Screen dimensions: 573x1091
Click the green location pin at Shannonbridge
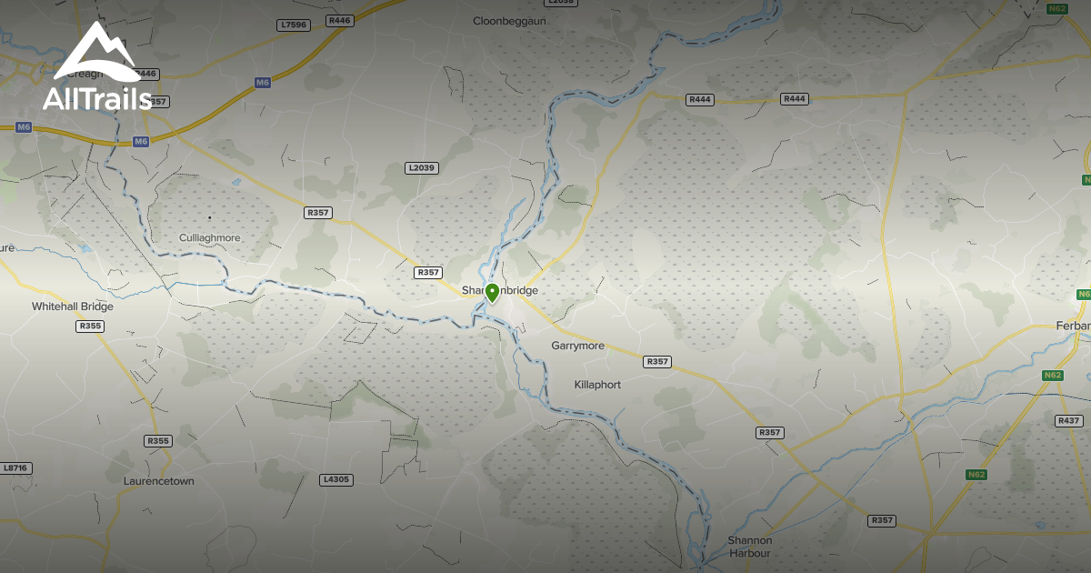[492, 292]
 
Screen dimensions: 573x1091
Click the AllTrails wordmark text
[96, 97]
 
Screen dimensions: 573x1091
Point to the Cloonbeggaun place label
[509, 20]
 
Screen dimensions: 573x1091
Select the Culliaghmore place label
[210, 238]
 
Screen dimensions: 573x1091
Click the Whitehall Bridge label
[73, 307]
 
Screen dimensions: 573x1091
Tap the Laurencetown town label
[159, 481]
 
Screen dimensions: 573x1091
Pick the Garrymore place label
[577, 347]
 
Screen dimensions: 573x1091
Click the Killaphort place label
[597, 385]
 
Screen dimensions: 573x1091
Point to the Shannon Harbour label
[749, 547]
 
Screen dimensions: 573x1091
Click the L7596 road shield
[293, 25]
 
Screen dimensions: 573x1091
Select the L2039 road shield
[422, 167]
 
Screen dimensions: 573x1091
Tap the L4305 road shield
[336, 479]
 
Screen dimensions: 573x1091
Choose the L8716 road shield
[16, 467]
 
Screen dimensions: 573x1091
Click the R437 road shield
[1069, 420]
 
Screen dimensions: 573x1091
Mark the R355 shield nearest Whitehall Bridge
[90, 326]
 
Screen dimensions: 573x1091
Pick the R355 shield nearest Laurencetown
[158, 441]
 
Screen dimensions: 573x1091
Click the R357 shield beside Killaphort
[657, 362]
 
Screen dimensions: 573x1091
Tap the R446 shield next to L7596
[340, 20]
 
